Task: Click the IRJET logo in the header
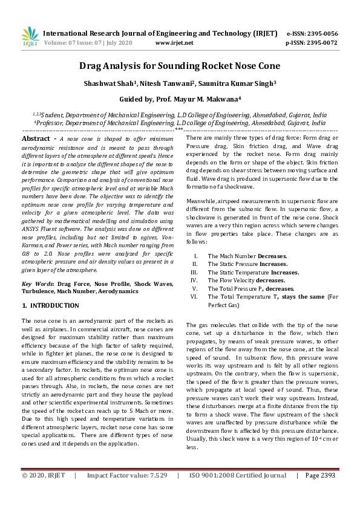30,37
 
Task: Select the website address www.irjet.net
174,43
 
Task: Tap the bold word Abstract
35,138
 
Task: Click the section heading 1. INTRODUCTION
50,306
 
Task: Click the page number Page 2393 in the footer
320,493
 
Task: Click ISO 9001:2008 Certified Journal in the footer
238,493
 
